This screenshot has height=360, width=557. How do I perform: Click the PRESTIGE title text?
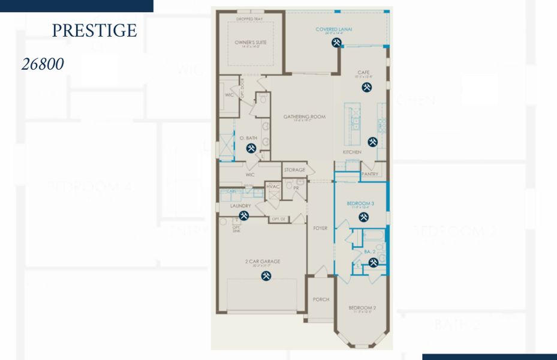(94, 31)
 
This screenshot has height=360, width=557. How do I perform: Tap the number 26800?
(43, 64)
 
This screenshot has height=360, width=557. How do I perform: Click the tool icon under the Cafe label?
(366, 87)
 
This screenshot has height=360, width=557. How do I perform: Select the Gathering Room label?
(305, 116)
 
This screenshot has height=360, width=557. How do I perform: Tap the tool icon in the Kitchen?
(372, 142)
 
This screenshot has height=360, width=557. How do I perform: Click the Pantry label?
(370, 174)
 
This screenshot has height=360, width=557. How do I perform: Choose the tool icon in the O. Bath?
(251, 148)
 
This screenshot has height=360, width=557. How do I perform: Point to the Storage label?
(294, 170)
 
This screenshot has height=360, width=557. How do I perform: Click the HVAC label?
(273, 187)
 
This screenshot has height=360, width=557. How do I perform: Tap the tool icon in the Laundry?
(244, 215)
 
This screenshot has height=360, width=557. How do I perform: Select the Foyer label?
(320, 228)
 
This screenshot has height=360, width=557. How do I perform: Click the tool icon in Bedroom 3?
(363, 217)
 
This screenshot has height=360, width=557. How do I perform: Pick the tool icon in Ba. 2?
(373, 262)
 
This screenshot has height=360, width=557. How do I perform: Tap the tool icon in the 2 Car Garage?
(266, 275)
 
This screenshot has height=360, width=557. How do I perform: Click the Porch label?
(321, 299)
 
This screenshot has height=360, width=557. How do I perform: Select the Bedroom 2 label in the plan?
(362, 308)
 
